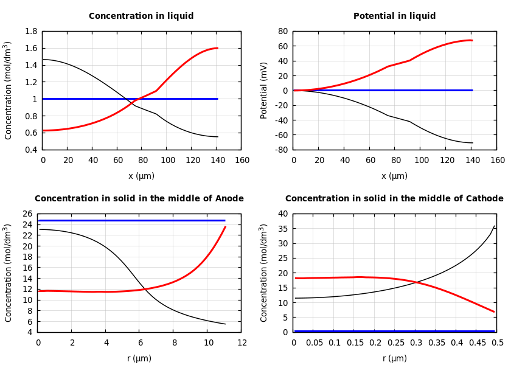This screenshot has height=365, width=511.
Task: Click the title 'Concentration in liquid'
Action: (141, 16)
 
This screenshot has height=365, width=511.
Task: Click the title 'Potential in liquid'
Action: (394, 16)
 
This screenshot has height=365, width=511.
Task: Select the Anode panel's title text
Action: (139, 199)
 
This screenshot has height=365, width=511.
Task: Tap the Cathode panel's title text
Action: (394, 199)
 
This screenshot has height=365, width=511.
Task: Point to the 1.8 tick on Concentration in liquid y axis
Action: (31, 31)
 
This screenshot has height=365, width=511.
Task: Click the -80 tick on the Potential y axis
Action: (282, 150)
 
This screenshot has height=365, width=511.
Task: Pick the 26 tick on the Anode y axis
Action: (28, 214)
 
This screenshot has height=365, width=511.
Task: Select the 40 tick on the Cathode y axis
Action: (282, 214)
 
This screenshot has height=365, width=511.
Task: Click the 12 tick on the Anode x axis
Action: (242, 343)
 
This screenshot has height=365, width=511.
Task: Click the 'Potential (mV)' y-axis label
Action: (264, 90)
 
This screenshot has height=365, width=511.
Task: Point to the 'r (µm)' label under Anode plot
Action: (139, 358)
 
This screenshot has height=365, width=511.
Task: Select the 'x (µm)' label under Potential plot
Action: (394, 176)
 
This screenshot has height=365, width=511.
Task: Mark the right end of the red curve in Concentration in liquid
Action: (217, 48)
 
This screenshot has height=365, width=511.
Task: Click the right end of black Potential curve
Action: (472, 143)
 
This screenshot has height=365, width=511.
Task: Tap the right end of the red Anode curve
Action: (225, 227)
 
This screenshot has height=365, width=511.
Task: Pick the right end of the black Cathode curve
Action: (494, 226)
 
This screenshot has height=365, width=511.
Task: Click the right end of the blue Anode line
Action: (225, 220)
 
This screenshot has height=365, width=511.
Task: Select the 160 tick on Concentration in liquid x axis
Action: (242, 161)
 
